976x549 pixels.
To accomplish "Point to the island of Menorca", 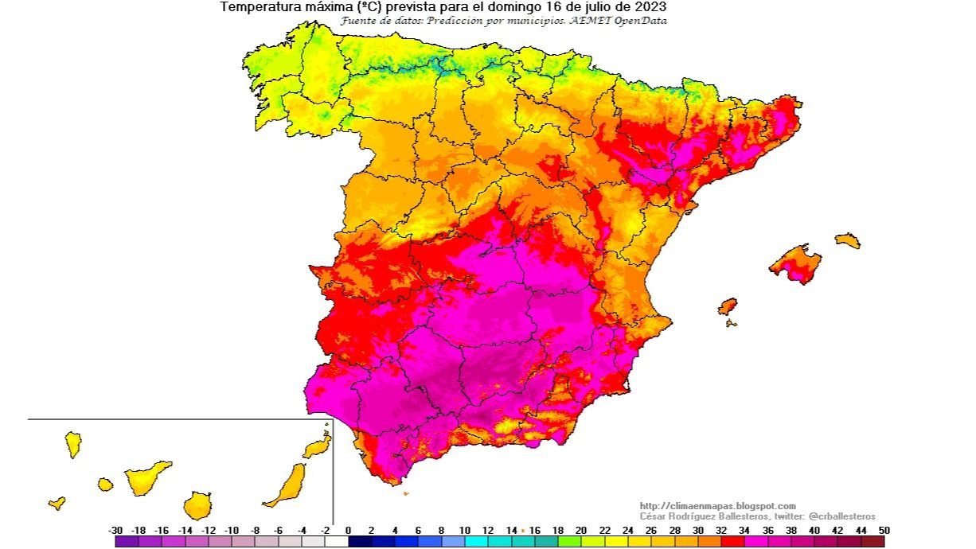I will [x=848, y=240].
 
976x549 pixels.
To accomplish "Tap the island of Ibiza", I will [x=727, y=306].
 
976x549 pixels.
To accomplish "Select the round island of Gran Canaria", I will [x=197, y=505].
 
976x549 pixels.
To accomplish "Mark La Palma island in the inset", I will [x=73, y=444].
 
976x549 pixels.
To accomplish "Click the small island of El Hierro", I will [x=57, y=503].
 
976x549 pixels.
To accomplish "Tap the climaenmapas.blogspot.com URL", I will [x=717, y=506].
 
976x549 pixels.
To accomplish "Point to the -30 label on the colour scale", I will [x=115, y=530].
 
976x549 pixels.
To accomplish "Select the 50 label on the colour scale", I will [x=884, y=530].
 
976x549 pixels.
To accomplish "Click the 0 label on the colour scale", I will [x=348, y=530].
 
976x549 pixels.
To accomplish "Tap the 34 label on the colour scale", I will [x=744, y=530].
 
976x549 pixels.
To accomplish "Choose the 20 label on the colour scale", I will [x=580, y=530].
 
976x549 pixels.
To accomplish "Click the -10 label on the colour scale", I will [x=232, y=530].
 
